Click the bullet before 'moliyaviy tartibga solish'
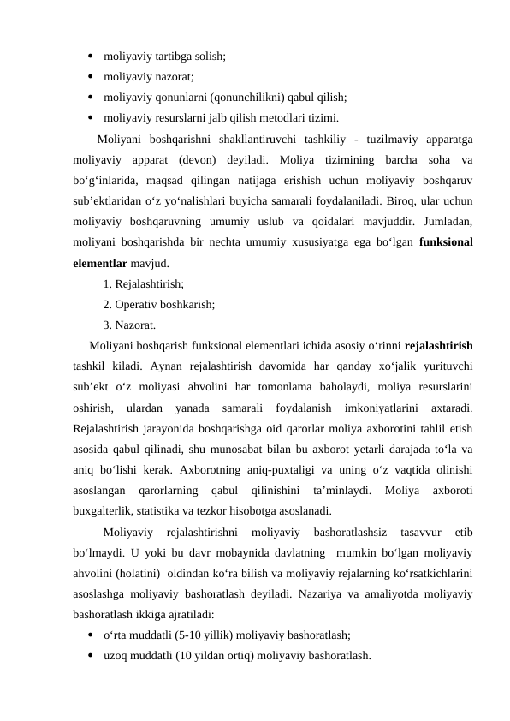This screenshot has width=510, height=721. tap(90, 57)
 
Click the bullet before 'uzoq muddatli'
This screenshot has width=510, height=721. tap(90, 657)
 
